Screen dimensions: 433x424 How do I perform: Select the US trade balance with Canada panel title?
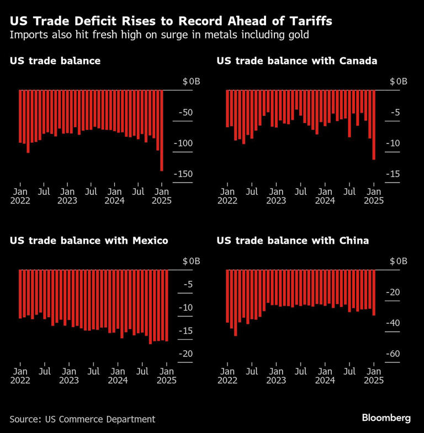click(x=297, y=61)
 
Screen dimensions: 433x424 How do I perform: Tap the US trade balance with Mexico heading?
click(x=89, y=240)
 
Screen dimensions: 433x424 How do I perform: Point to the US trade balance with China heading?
click(x=293, y=240)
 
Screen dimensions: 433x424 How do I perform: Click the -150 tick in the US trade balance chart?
click(x=183, y=174)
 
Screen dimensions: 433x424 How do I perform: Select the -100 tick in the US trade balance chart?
click(x=183, y=143)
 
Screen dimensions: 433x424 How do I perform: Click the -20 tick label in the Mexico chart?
click(x=185, y=354)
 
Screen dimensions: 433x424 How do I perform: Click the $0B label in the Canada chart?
click(x=398, y=82)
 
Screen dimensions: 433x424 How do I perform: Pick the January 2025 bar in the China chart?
click(x=374, y=293)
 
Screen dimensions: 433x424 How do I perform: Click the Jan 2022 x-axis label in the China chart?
click(x=227, y=376)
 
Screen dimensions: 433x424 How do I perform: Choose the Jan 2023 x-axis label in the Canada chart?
click(x=276, y=196)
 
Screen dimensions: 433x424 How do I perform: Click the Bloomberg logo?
click(x=386, y=418)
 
